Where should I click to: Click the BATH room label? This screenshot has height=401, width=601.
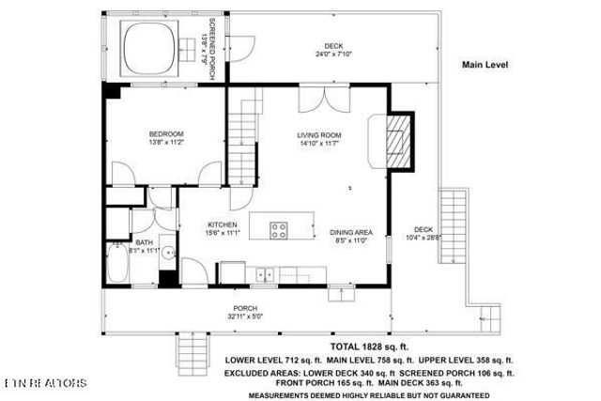[x=143, y=246]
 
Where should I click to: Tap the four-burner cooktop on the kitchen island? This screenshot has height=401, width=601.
[x=280, y=228]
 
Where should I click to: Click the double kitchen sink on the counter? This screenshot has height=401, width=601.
[x=265, y=273]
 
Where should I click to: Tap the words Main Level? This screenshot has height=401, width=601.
[x=485, y=65]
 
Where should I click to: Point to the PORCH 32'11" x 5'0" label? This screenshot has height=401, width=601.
[x=245, y=312]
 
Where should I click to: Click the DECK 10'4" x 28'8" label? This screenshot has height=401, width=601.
[x=424, y=234]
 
